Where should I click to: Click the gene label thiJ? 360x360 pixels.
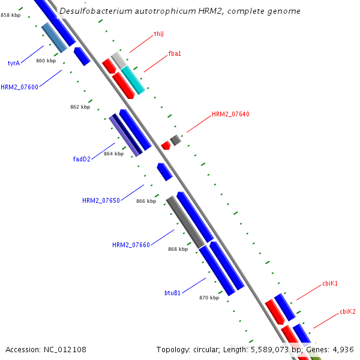pos(158,34)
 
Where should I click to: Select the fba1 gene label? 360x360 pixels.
pos(175,54)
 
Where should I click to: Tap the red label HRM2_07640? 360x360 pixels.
pos(230,114)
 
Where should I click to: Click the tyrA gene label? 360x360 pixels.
pos(14,62)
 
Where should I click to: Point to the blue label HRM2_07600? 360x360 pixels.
pos(19,87)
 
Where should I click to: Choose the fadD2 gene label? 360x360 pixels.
pos(82,159)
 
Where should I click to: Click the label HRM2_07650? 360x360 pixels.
pos(101,200)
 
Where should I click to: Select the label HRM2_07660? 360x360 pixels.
pos(131,245)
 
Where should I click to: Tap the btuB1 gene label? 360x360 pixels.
pos(173,293)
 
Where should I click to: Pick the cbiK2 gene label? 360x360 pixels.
pos(347,311)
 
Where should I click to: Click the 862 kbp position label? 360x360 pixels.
pos(80,107)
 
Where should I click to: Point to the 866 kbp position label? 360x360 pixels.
pos(146,201)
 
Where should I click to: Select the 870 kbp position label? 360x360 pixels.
pos(209,297)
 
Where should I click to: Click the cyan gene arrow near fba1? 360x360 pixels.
pos(133,80)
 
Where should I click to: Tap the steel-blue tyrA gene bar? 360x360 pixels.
pos(55,37)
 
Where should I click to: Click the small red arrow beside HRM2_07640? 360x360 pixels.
pos(166,145)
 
